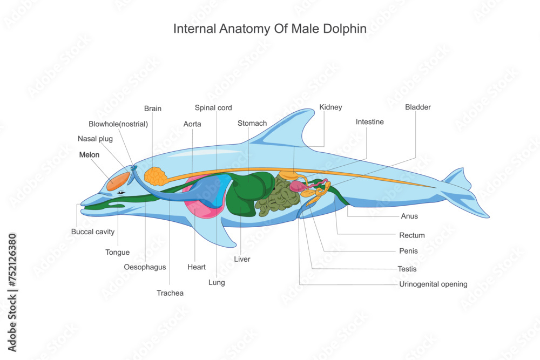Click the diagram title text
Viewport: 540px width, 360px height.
click(269, 29)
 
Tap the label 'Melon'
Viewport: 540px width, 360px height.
click(89, 154)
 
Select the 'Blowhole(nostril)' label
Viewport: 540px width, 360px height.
click(118, 124)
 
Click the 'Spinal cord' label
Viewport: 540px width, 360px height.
click(213, 107)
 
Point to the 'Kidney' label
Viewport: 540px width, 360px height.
click(330, 107)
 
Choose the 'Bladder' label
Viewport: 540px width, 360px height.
click(418, 107)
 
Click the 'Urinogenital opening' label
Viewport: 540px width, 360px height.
click(433, 284)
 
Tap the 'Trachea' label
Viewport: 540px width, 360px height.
click(170, 293)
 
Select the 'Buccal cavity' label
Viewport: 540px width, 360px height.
click(93, 232)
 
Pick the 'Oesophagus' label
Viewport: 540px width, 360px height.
click(145, 267)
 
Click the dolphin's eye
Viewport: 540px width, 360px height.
click(122, 192)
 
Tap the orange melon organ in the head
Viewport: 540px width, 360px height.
click(118, 182)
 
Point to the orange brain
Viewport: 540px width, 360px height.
click(155, 176)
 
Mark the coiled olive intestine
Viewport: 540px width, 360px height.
click(278, 197)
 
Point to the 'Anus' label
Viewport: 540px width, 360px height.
click(409, 216)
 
